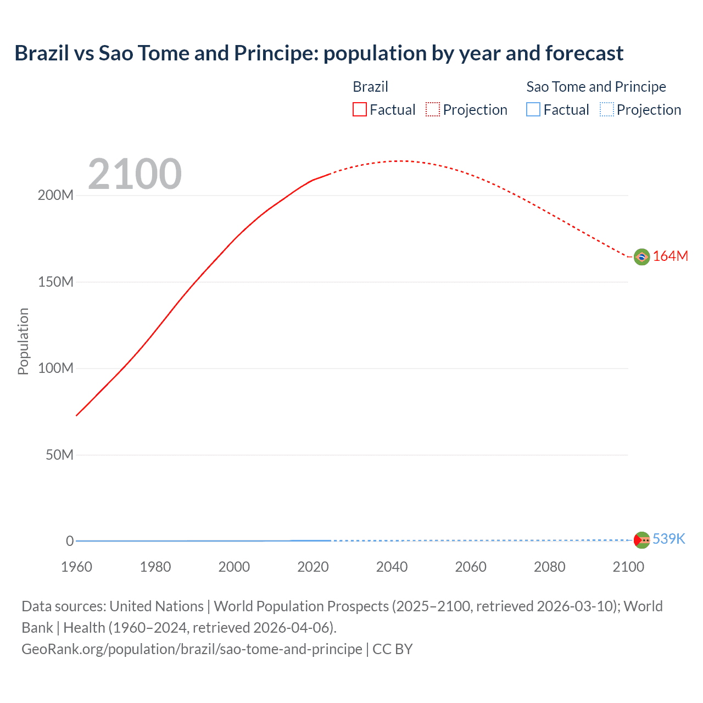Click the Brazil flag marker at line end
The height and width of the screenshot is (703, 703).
point(641,256)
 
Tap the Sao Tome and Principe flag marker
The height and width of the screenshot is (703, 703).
point(641,540)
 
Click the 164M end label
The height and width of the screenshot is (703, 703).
point(671,256)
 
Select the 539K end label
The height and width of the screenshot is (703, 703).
point(669,539)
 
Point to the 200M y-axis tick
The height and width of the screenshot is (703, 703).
point(55,196)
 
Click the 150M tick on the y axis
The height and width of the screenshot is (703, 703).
point(55,282)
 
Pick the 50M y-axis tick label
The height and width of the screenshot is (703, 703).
point(59,455)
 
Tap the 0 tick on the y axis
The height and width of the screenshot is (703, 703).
point(70,541)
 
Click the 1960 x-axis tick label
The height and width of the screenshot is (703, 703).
point(76,567)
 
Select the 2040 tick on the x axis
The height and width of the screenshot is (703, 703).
point(392,567)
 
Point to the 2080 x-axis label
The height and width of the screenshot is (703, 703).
point(549,567)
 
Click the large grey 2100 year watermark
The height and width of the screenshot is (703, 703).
point(135,174)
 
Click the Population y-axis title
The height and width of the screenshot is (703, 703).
point(23,341)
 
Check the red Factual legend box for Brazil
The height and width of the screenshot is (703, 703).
point(360,110)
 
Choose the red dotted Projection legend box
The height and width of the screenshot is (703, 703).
point(433,110)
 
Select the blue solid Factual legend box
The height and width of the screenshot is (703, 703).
point(533,110)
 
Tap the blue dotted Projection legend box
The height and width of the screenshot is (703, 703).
point(606,110)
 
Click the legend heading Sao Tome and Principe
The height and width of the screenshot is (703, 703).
point(596,87)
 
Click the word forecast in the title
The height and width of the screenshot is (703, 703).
point(584,53)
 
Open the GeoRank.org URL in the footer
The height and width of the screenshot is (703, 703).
point(192,649)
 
